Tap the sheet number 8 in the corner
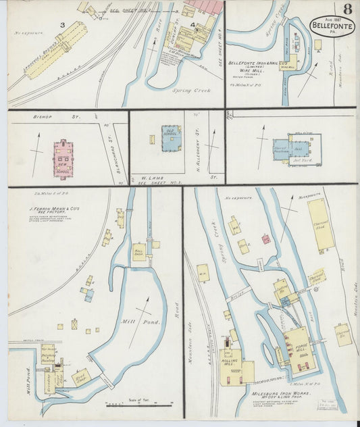pos(346,9)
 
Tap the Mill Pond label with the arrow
pos(148,322)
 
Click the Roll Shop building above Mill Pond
pos(139,252)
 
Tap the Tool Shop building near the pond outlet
pos(81,376)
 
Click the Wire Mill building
pos(290,63)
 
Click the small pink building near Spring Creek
pos(266,238)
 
